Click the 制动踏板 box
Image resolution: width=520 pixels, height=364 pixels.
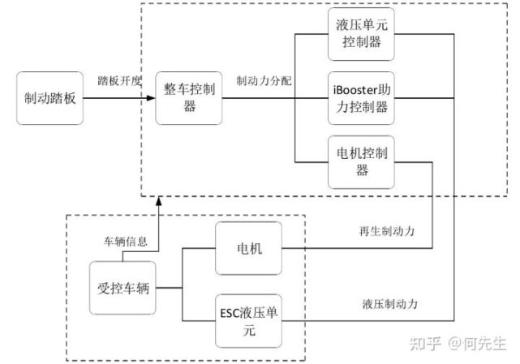tap(49, 98)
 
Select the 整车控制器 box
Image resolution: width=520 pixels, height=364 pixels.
tap(189, 98)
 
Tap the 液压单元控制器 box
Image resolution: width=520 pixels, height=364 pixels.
tap(361, 34)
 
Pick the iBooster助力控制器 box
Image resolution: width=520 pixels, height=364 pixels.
tap(361, 98)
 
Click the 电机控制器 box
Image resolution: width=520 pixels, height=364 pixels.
tap(361, 162)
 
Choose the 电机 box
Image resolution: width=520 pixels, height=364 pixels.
tap(249, 248)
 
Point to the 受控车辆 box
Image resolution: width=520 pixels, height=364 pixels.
tap(122, 288)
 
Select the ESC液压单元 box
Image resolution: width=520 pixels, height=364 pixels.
tap(249, 321)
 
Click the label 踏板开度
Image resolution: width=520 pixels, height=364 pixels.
tap(120, 80)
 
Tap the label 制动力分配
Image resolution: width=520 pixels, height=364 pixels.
tap(264, 80)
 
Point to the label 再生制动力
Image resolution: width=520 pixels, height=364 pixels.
tap(387, 231)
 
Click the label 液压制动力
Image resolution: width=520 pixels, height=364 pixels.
tap(390, 304)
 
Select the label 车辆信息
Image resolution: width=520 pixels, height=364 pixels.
tap(126, 242)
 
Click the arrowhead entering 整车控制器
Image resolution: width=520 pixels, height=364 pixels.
tap(151, 98)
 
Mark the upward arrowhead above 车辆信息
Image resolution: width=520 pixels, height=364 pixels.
tap(158, 201)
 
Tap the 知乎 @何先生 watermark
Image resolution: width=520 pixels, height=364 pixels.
tap(458, 343)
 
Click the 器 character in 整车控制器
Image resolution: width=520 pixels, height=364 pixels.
tap(189, 107)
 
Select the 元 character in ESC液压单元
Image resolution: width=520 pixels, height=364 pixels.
tap(249, 330)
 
